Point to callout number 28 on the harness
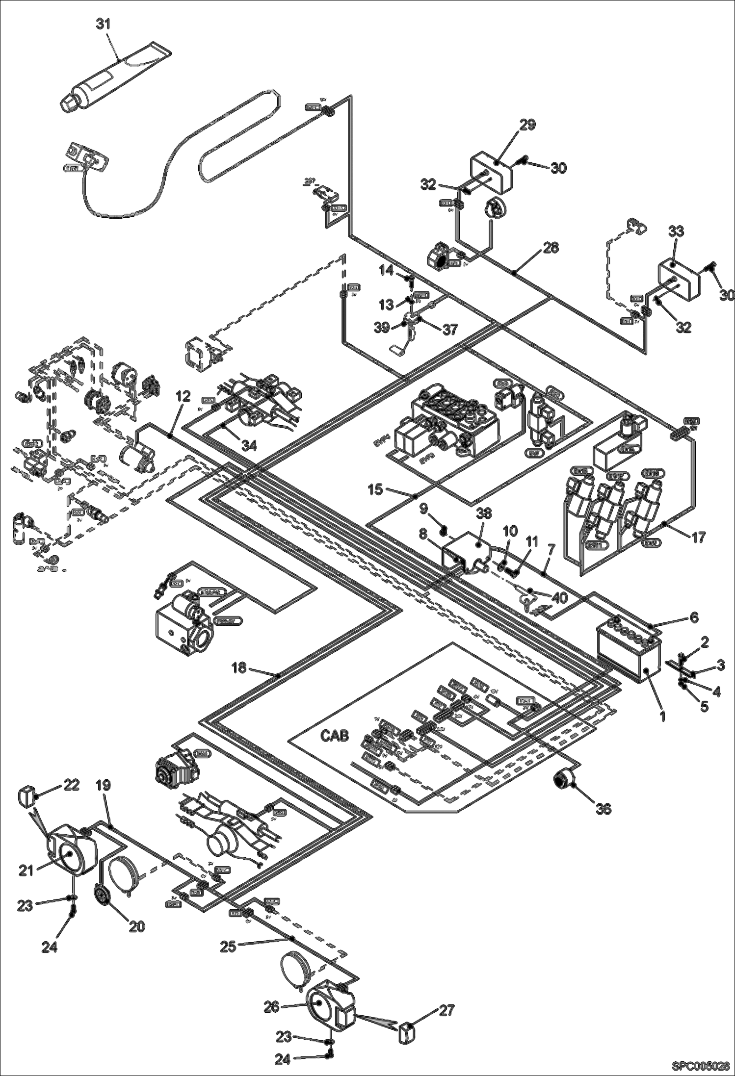coord(551,248)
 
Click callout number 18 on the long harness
coord(239,668)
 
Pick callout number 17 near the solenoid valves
coord(699,537)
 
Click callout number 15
coord(375,489)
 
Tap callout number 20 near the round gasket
coord(137,926)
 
